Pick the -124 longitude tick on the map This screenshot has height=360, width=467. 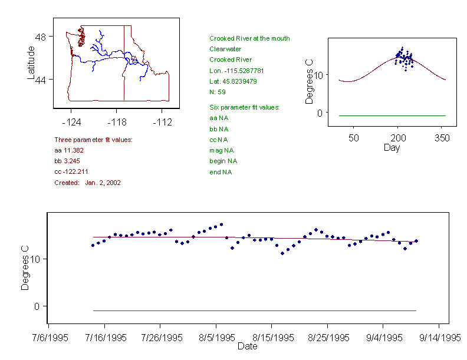71,122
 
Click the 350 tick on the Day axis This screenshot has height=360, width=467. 442,138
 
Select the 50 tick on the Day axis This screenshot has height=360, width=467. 353,138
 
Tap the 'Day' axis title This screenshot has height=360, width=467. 392,147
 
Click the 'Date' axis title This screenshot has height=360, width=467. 247,346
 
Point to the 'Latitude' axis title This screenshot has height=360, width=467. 31,62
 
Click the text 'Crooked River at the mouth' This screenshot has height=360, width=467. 249,38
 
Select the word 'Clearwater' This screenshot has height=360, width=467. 225,49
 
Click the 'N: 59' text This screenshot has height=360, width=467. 218,92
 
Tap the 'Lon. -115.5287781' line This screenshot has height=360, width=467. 236,71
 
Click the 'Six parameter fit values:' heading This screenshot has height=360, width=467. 244,107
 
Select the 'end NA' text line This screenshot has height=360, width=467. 221,172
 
